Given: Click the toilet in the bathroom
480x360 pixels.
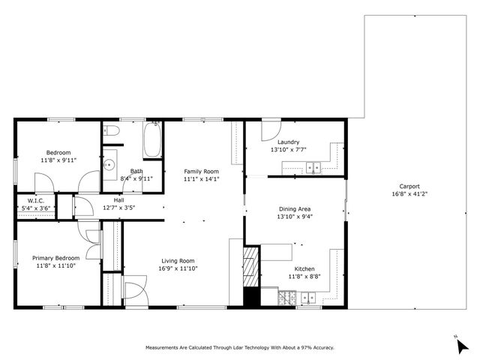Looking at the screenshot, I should (112, 130).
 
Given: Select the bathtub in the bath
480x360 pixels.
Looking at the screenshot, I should (153, 139).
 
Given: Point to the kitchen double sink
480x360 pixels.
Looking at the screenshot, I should (307, 298).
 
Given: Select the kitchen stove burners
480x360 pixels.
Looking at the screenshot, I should (286, 298).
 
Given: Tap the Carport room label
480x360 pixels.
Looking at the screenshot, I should (409, 187).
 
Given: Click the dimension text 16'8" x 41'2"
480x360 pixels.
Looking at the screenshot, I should (409, 194).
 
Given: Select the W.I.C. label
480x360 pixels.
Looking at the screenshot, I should (36, 200).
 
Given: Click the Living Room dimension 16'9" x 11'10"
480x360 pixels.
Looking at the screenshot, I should (178, 268).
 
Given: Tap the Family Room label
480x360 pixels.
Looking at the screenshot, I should (201, 171).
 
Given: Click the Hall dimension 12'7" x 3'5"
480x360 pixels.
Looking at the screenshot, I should (118, 208).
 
